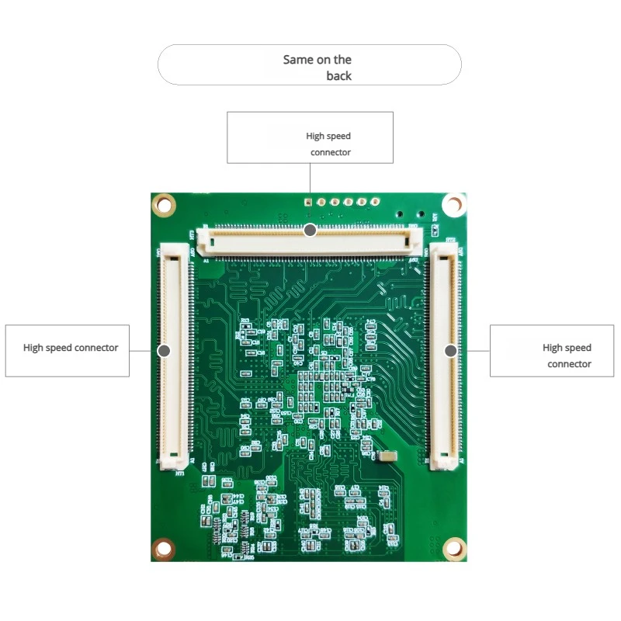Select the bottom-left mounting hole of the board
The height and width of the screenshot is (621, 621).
(x=164, y=549)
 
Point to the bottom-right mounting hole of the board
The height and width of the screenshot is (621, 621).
(x=453, y=549)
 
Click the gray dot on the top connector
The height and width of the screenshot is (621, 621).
(x=310, y=230)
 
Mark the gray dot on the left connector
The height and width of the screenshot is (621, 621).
(x=164, y=351)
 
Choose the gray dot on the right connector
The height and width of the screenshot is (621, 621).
(x=449, y=351)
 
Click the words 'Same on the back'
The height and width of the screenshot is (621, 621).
(x=317, y=68)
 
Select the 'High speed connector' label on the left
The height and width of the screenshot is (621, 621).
(x=71, y=348)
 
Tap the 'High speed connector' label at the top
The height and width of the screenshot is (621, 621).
(x=329, y=144)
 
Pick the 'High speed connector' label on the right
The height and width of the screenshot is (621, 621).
(x=567, y=356)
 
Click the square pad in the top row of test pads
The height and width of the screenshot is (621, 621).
(x=308, y=203)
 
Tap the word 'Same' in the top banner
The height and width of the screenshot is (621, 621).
(x=297, y=60)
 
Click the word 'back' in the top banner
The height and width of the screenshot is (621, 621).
(x=338, y=76)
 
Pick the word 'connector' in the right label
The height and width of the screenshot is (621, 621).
(x=569, y=364)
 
